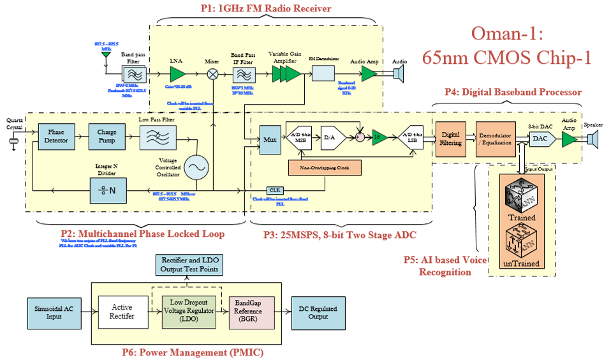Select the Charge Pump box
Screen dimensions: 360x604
click(x=107, y=137)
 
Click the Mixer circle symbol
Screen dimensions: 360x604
click(x=212, y=74)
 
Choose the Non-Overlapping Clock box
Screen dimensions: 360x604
click(x=325, y=169)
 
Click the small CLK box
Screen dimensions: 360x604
click(x=275, y=190)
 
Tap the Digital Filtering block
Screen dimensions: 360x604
click(x=451, y=139)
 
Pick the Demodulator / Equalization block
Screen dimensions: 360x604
click(x=495, y=139)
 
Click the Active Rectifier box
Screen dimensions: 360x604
click(x=122, y=312)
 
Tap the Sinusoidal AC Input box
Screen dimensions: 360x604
click(x=54, y=312)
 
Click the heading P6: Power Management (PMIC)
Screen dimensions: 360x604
click(x=184, y=352)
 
